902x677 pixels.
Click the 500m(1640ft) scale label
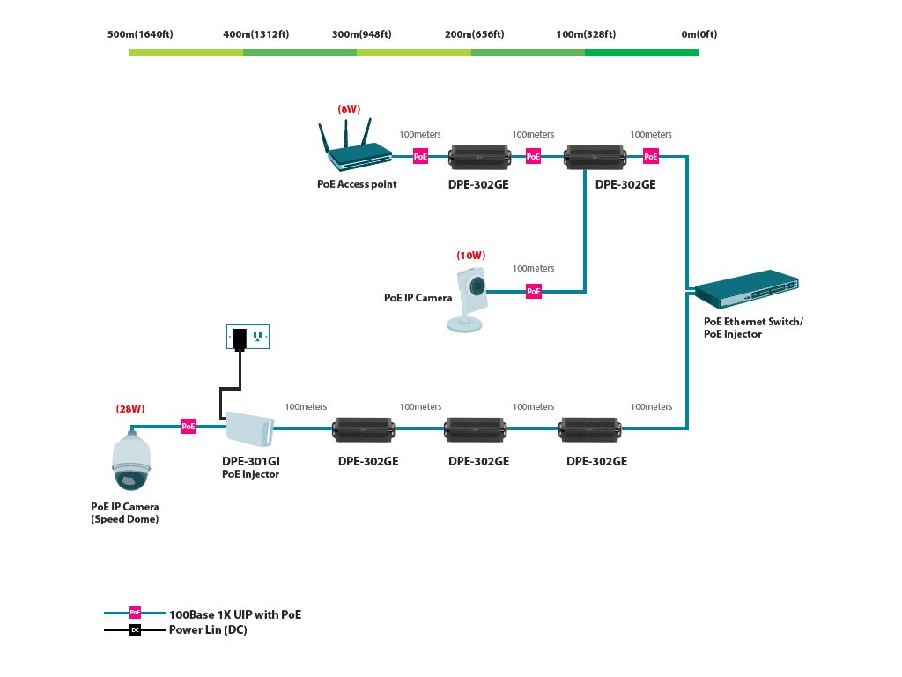tap(139, 34)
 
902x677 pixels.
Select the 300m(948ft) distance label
tap(361, 34)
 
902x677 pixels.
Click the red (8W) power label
tap(349, 109)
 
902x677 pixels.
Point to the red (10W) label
tap(469, 256)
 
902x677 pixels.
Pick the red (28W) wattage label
tap(129, 409)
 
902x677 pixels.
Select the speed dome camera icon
tap(131, 461)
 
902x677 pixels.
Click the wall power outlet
tap(248, 336)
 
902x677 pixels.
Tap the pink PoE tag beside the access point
tap(421, 156)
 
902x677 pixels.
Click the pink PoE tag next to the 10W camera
tap(533, 291)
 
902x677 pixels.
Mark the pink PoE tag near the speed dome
tap(189, 427)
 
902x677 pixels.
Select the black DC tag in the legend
tap(135, 629)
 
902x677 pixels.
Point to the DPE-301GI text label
tap(250, 461)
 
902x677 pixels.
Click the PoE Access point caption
tap(357, 184)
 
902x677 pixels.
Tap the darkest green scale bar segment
tap(641, 53)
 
